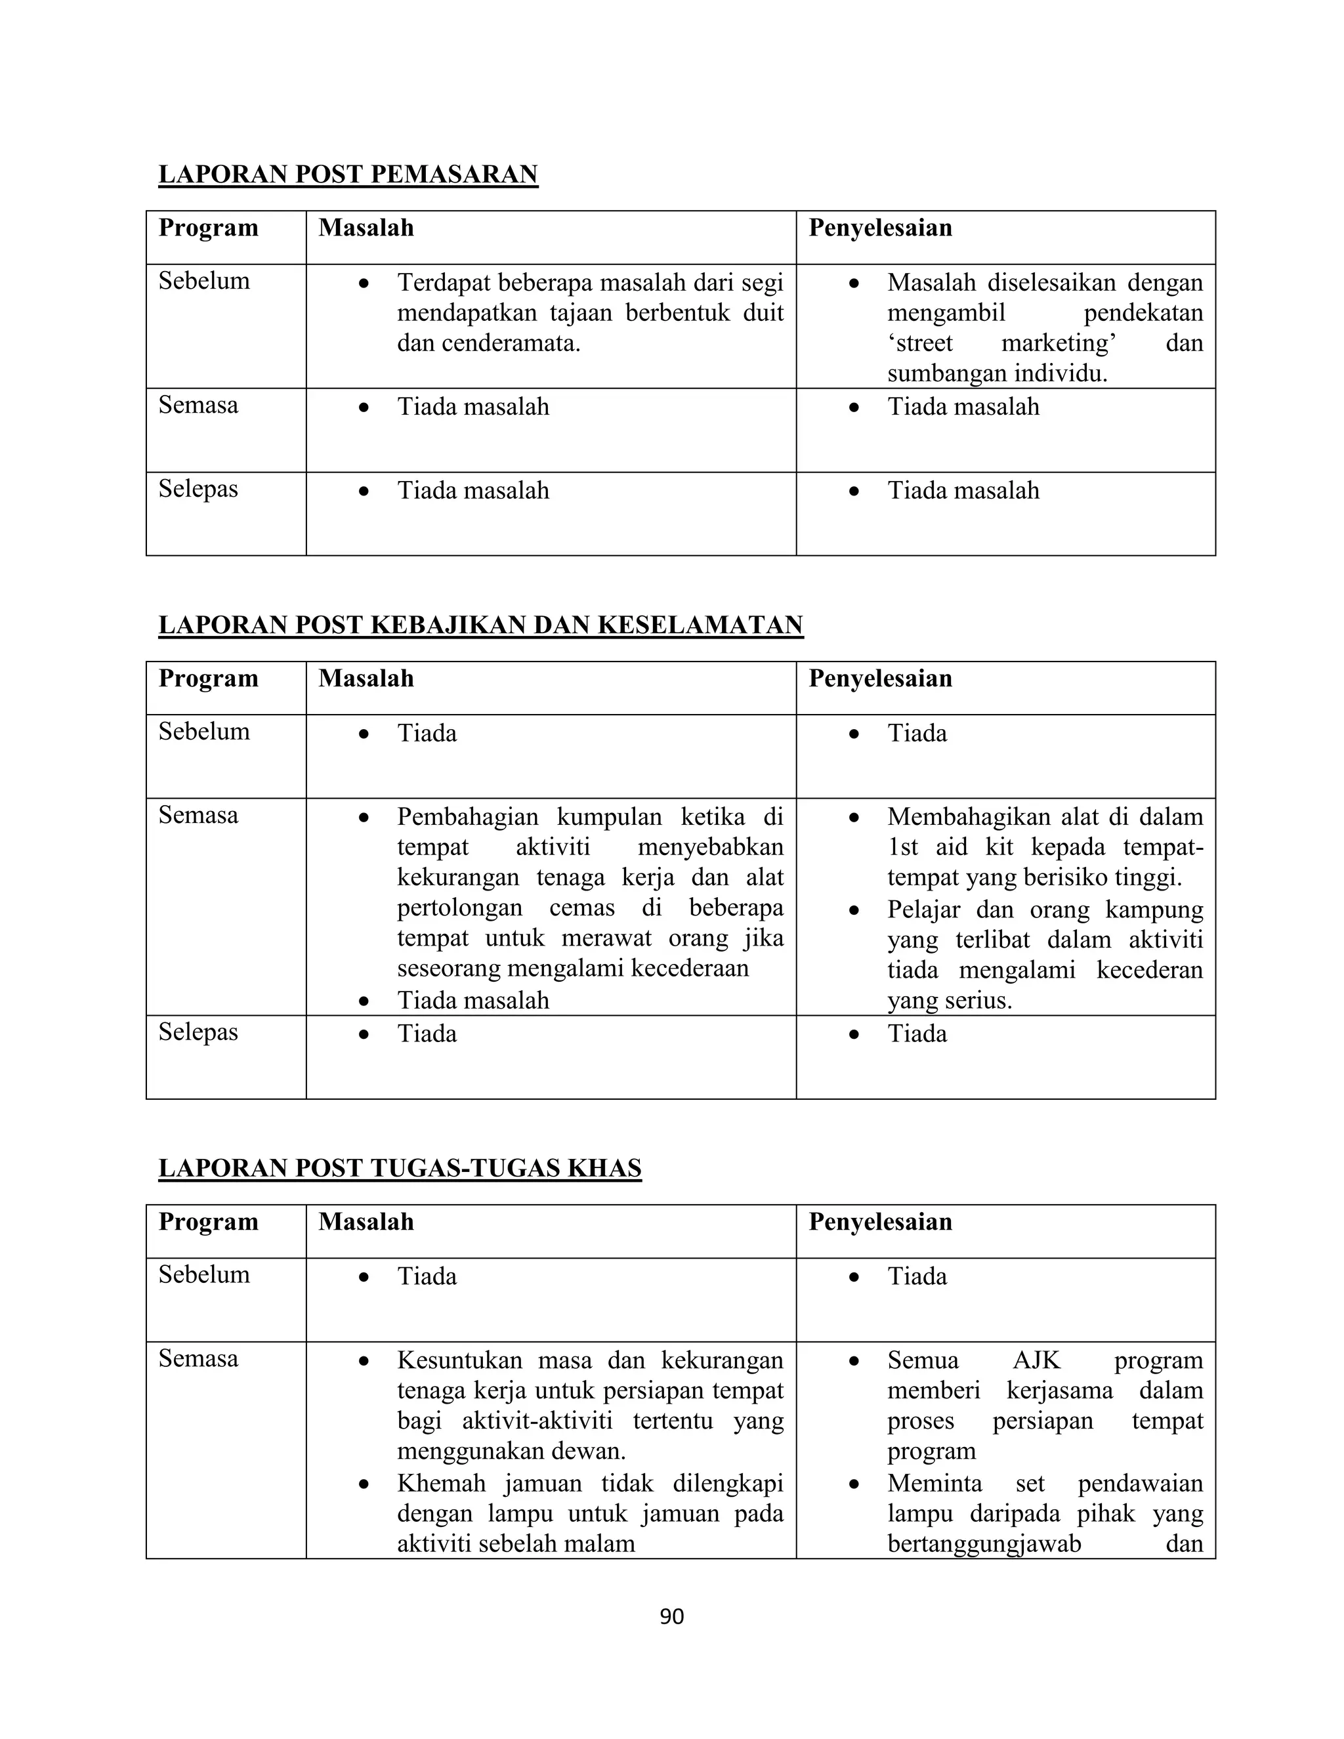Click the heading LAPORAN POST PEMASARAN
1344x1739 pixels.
pos(348,175)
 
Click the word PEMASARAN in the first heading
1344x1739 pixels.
pos(454,175)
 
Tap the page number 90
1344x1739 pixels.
pos(671,1616)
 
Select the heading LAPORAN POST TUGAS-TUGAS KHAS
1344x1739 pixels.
pos(400,1167)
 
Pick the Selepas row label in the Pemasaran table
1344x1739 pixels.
pos(198,488)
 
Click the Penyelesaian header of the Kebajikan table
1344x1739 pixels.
pos(880,679)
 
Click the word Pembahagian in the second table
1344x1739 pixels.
pos(467,817)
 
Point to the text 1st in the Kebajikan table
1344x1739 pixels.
pos(903,847)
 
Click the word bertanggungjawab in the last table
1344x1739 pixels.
pos(984,1544)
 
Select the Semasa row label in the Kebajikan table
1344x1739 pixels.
pos(198,815)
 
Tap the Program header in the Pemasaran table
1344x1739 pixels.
pos(209,228)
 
